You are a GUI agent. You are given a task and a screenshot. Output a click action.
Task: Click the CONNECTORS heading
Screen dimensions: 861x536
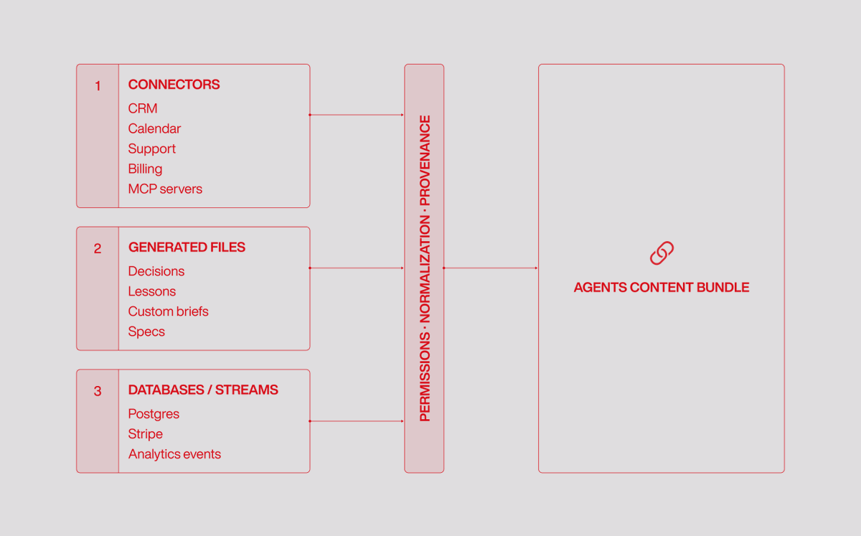[174, 85]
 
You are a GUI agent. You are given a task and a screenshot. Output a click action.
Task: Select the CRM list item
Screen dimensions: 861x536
[143, 108]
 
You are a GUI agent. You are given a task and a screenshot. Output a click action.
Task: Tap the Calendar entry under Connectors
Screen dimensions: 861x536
[154, 128]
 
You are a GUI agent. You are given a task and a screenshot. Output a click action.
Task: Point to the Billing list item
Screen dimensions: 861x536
[145, 169]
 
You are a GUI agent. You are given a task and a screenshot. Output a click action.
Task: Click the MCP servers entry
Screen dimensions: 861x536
[165, 189]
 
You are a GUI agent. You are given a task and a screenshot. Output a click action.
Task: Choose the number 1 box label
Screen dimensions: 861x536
[98, 85]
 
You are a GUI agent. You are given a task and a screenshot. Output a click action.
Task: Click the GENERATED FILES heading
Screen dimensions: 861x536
[187, 248]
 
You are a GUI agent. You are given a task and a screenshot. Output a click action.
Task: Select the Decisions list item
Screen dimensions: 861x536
[156, 271]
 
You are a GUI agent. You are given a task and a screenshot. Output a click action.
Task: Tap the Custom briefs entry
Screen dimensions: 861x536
[169, 311]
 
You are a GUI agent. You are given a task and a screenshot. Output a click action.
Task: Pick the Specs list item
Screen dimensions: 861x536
[146, 332]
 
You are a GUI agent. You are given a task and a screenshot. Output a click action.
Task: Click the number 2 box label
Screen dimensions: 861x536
[98, 248]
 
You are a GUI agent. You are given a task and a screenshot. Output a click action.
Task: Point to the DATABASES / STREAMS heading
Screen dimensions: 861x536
[203, 390]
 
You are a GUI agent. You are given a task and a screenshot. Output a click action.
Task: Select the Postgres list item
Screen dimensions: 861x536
[154, 414]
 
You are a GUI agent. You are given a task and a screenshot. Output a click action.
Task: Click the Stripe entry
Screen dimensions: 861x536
[145, 434]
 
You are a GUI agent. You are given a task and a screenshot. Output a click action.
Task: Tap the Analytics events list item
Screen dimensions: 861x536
[174, 454]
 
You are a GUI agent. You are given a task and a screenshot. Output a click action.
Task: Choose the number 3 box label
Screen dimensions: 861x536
[98, 391]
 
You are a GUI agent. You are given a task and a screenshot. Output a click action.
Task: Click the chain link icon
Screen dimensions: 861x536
[662, 253]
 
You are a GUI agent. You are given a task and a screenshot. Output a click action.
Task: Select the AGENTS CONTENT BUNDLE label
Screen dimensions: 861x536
[662, 288]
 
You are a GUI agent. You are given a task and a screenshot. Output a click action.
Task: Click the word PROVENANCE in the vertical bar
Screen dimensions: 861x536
[425, 161]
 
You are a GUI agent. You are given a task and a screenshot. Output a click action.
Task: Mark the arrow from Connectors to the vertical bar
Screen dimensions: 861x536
[357, 115]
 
